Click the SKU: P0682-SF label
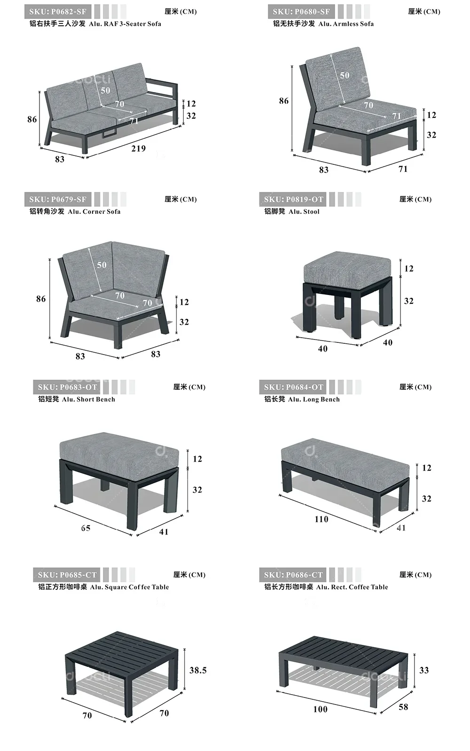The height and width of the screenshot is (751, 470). (x=58, y=12)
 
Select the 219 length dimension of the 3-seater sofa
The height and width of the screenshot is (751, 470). (x=138, y=148)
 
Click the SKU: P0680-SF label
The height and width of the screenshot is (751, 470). (x=301, y=12)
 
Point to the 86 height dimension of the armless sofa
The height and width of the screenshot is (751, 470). (x=283, y=101)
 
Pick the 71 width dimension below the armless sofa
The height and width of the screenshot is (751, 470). (x=403, y=169)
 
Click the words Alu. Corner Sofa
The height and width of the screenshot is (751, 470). (x=94, y=211)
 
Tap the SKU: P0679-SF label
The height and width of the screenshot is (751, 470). (x=58, y=200)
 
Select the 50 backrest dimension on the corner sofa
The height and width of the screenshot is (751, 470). (x=102, y=265)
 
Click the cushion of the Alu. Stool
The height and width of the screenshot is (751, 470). (x=347, y=267)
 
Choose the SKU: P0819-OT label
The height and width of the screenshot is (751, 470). (x=294, y=200)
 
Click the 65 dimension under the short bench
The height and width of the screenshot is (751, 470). (x=86, y=528)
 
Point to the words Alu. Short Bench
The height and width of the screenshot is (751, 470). (x=88, y=399)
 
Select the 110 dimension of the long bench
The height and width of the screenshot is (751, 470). (x=321, y=519)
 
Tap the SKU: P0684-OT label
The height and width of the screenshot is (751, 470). (x=294, y=387)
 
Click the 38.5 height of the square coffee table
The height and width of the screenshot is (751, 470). (x=198, y=670)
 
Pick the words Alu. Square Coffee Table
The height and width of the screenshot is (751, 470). (x=130, y=587)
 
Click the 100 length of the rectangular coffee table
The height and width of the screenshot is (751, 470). (x=320, y=709)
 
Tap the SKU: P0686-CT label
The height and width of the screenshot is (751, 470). (x=294, y=575)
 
